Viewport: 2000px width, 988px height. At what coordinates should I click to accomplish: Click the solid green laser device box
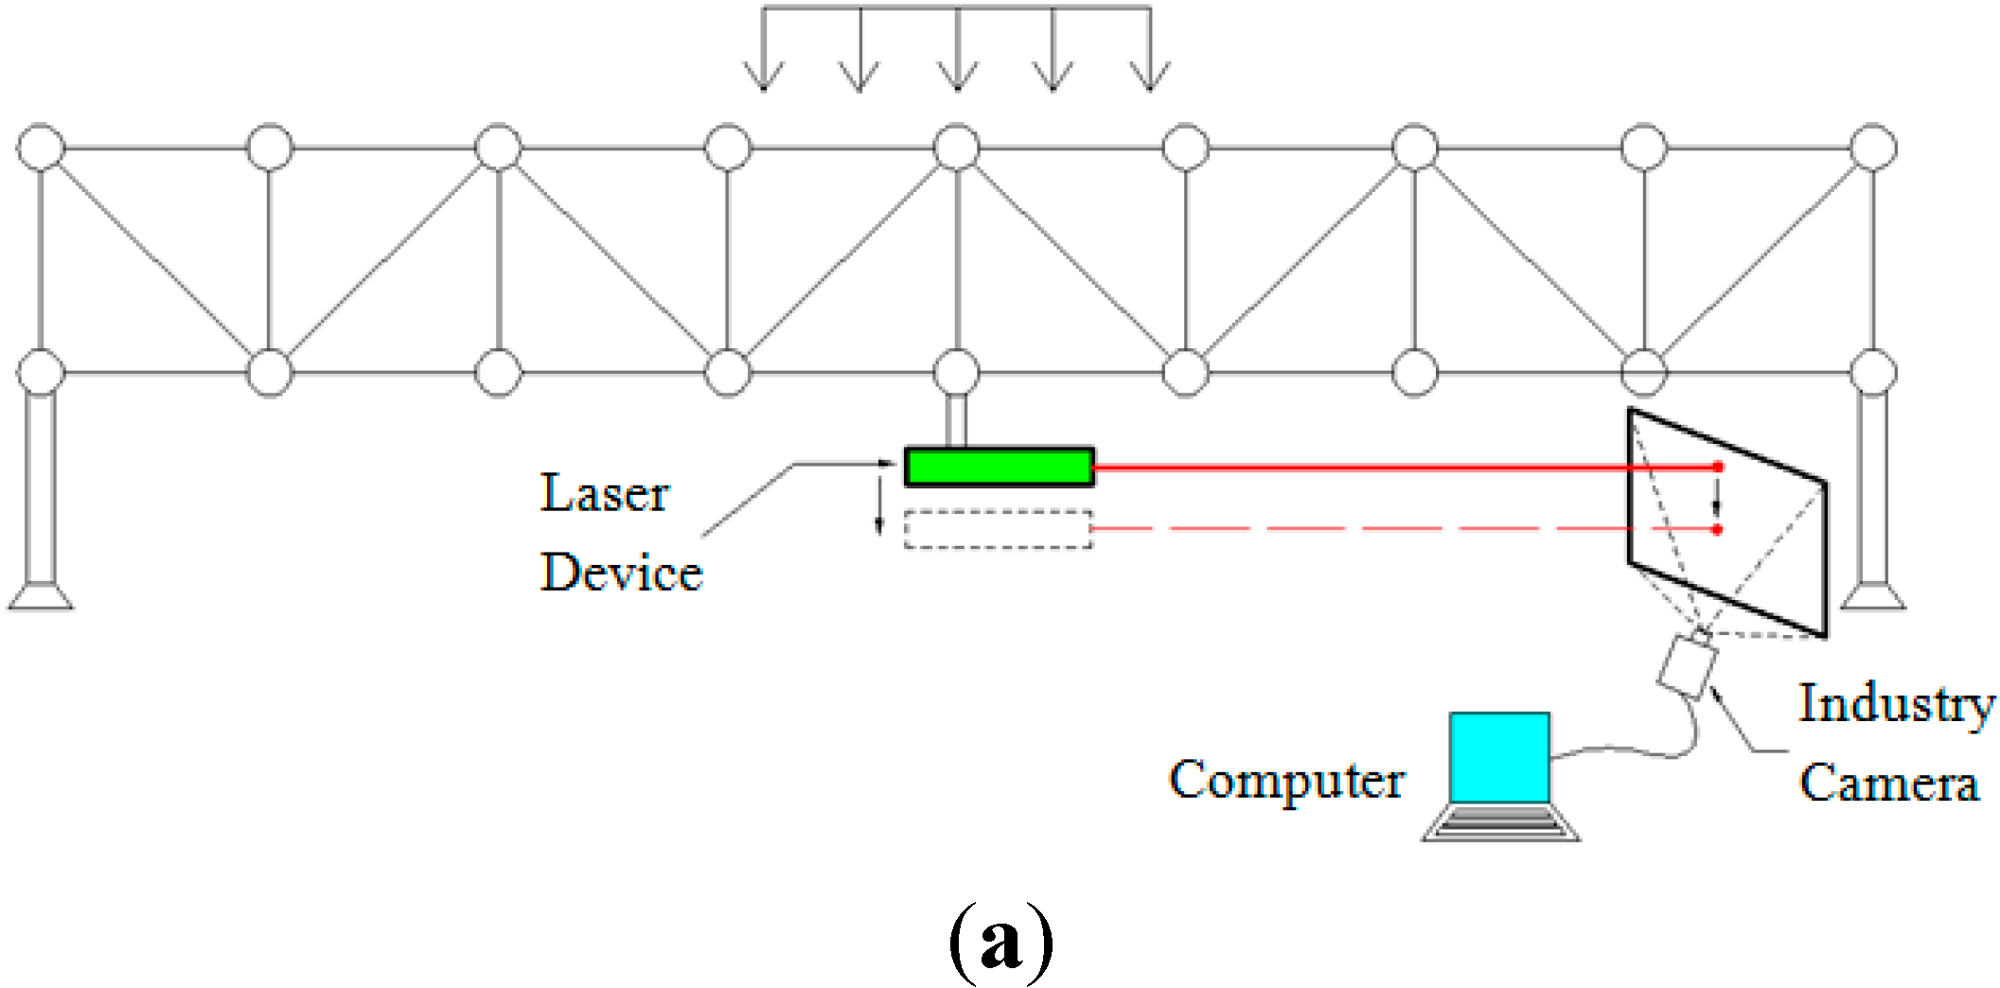pyautogui.click(x=999, y=467)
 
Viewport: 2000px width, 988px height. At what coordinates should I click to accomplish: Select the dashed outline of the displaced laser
pyautogui.click(x=998, y=529)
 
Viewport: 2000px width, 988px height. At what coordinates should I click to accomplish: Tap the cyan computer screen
pyautogui.click(x=1499, y=758)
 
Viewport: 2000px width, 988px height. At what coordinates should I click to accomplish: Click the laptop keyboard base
pyautogui.click(x=1500, y=823)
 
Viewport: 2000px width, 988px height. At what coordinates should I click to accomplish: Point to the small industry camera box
pyautogui.click(x=1686, y=667)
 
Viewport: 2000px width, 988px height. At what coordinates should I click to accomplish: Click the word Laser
pyautogui.click(x=604, y=494)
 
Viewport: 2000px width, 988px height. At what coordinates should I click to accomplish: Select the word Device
pyautogui.click(x=621, y=573)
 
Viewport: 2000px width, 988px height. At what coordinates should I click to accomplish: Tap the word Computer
pyautogui.click(x=1286, y=780)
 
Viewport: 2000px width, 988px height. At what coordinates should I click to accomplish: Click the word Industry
pyautogui.click(x=1896, y=704)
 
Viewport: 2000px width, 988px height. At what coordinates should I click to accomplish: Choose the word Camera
pyautogui.click(x=1888, y=784)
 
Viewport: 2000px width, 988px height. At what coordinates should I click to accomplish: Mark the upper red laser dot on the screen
pyautogui.click(x=1718, y=467)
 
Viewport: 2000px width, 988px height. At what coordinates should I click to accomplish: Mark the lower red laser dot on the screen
pyautogui.click(x=1717, y=529)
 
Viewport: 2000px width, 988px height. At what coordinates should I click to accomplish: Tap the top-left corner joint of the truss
pyautogui.click(x=41, y=148)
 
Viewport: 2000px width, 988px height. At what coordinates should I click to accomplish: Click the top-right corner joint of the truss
pyautogui.click(x=1873, y=148)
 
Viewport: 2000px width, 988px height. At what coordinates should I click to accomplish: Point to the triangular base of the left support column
pyautogui.click(x=41, y=597)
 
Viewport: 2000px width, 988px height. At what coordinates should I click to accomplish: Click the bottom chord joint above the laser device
pyautogui.click(x=957, y=372)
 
